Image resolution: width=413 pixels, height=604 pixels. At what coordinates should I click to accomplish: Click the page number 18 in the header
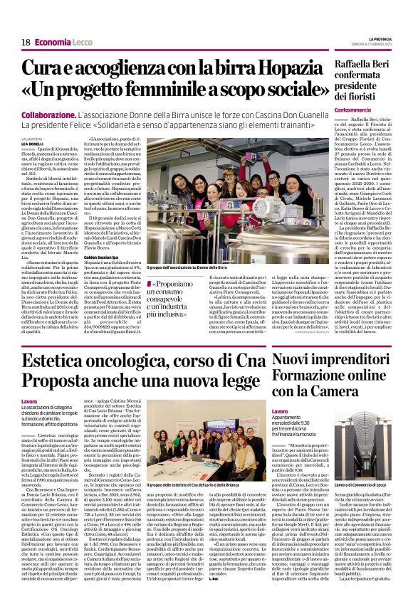pyautogui.click(x=25, y=43)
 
